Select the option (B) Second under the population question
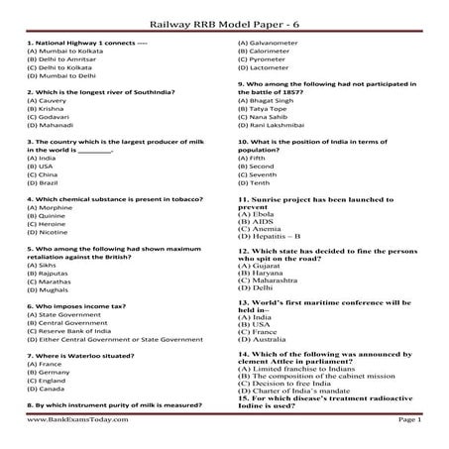(261, 166)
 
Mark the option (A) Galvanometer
(275, 42)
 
